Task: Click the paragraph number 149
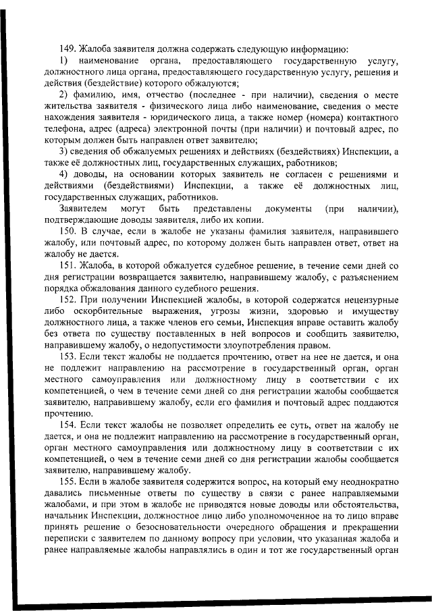(67, 49)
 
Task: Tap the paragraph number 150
(67, 231)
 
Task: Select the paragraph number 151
(67, 265)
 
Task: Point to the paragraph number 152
(67, 300)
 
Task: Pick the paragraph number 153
(67, 356)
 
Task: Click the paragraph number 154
(67, 425)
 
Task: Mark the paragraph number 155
(67, 483)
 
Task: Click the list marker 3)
(64, 151)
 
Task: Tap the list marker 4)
(64, 174)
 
